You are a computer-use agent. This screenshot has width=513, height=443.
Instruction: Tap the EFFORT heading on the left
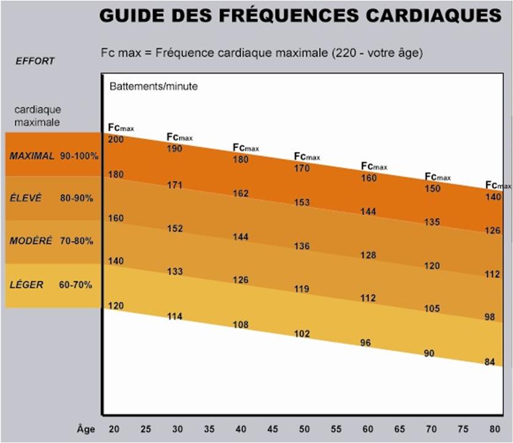tap(36, 61)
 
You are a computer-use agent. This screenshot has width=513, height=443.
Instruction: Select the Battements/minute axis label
tap(153, 87)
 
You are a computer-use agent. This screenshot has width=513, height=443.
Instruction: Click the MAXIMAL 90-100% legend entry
tap(54, 155)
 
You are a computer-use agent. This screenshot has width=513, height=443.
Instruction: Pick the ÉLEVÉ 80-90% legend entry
tap(54, 198)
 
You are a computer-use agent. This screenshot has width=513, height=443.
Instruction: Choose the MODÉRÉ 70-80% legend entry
tap(54, 241)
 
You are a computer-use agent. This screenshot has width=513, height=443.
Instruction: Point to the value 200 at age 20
tap(116, 140)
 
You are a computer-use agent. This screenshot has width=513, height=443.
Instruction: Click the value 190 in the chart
tap(175, 149)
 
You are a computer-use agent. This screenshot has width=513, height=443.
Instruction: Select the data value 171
tap(175, 185)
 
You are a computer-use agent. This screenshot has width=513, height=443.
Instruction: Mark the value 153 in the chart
tap(302, 202)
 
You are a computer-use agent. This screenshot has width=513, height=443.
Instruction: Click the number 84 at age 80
tap(490, 361)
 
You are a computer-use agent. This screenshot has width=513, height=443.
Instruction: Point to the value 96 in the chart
tap(366, 342)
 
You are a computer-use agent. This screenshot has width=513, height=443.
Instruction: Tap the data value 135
tap(432, 222)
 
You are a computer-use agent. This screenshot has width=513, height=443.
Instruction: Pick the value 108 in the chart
tap(241, 325)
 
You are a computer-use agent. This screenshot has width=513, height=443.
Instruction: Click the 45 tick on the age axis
tap(273, 429)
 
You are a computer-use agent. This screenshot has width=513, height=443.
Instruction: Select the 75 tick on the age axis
tap(464, 429)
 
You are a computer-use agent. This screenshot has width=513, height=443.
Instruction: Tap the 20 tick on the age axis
tap(114, 429)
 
